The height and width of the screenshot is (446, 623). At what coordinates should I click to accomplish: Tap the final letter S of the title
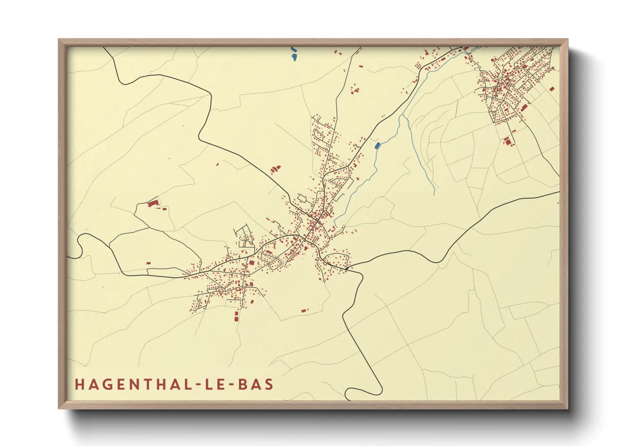coord(269,384)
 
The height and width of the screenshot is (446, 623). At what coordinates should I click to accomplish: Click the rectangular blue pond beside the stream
coord(377,146)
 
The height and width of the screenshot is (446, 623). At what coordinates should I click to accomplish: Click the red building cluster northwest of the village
coord(275,169)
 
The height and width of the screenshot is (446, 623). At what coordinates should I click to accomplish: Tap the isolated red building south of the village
coord(304,311)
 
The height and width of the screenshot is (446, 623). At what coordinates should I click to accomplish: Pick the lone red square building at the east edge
coord(551,89)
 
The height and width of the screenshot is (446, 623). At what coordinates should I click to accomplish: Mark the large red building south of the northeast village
coord(508,141)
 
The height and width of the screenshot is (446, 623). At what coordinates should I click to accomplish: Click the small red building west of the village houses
coord(148,263)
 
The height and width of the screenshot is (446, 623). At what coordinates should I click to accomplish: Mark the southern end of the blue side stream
coord(434,194)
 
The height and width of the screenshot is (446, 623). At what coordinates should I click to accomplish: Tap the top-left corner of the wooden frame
coord(60,40)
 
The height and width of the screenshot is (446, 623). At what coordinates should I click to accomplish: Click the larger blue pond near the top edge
coord(294,56)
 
